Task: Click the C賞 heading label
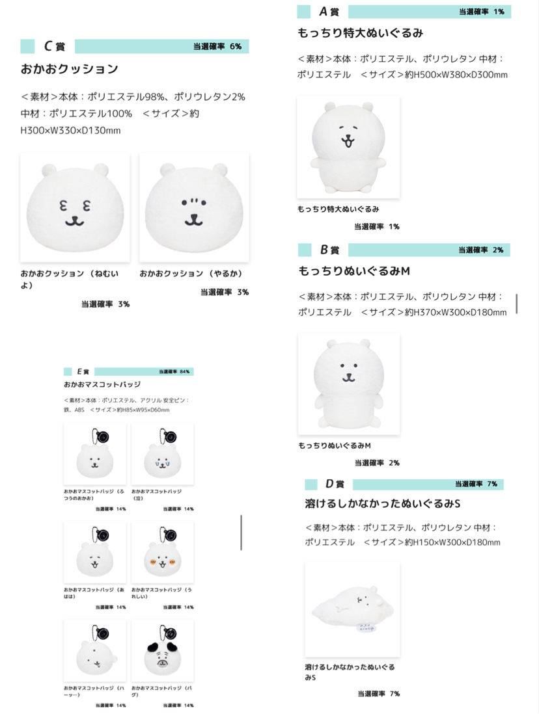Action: [x=54, y=46]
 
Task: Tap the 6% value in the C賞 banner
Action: [x=235, y=46]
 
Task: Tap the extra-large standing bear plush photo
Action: [x=348, y=147]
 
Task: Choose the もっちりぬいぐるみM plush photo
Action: [x=348, y=385]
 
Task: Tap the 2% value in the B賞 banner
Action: [x=497, y=250]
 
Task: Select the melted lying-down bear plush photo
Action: [x=352, y=609]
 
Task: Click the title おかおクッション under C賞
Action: [x=70, y=68]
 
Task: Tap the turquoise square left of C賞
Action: [x=27, y=46]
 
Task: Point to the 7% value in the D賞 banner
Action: [x=491, y=484]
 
